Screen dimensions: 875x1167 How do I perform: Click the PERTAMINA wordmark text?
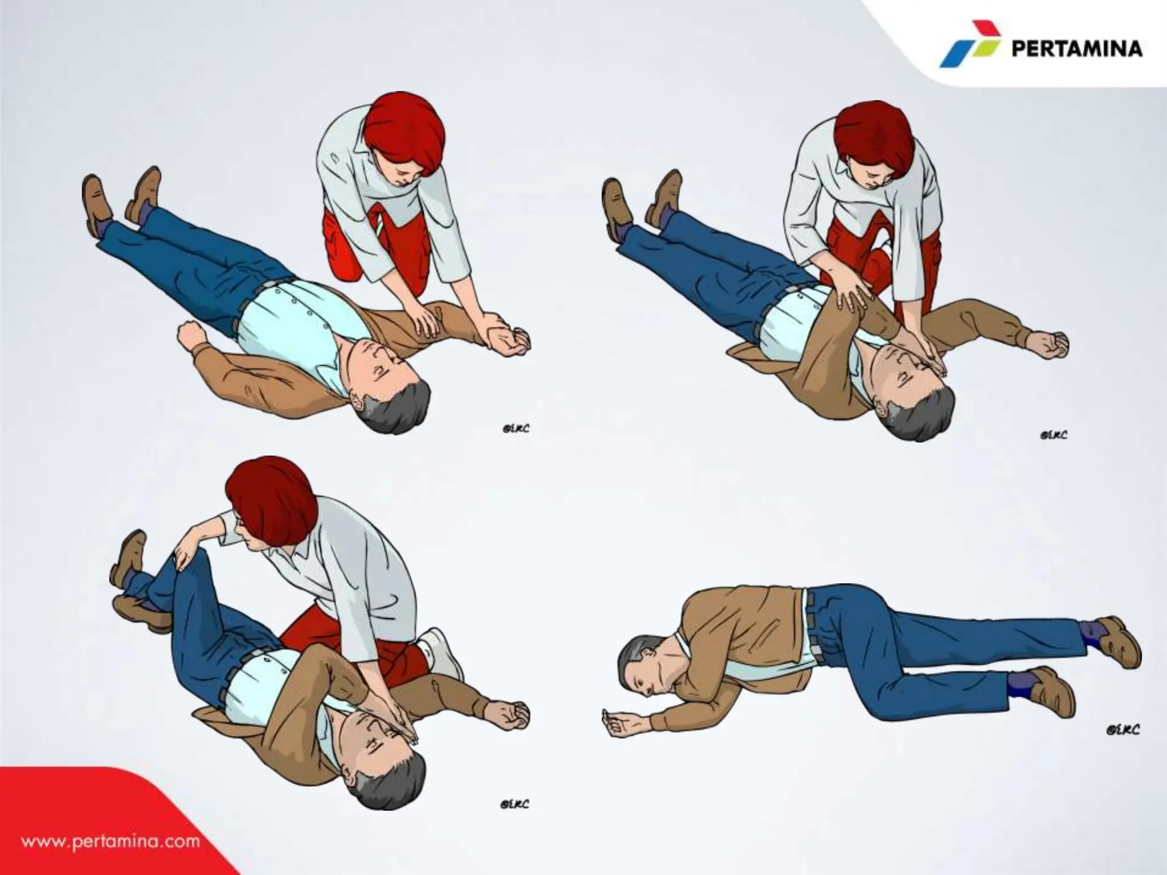[1076, 48]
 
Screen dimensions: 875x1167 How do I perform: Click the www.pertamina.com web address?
[111, 841]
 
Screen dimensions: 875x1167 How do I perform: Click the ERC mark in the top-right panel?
[1054, 435]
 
